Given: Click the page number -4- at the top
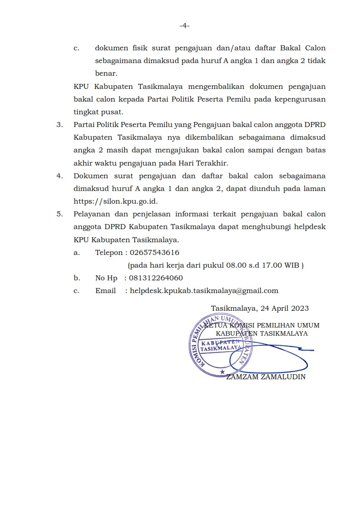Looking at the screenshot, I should [x=184, y=26].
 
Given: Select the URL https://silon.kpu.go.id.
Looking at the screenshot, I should [x=115, y=201].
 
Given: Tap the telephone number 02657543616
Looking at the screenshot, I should [x=154, y=253].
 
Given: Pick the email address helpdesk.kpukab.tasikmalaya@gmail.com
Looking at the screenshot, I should [x=204, y=291].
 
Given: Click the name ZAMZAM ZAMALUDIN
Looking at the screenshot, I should [x=266, y=377].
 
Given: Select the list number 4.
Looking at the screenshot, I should [x=59, y=176].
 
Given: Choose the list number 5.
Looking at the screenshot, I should [x=59, y=214].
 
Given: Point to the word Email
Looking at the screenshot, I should [x=105, y=291].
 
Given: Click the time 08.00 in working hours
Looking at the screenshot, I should [x=235, y=265].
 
